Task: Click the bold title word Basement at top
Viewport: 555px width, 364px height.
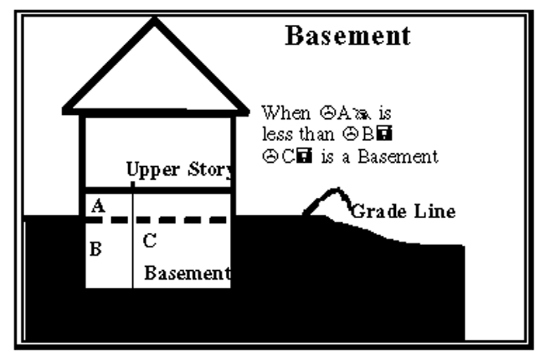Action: point(347,36)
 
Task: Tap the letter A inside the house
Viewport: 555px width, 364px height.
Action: point(97,207)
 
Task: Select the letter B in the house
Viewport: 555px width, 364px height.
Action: point(96,250)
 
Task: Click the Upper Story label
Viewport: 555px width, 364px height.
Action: point(180,170)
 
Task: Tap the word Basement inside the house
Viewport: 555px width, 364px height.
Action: point(187,274)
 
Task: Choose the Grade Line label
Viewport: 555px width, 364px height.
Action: point(403,211)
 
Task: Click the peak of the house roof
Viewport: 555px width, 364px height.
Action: point(155,22)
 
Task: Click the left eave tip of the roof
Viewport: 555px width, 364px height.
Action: point(65,109)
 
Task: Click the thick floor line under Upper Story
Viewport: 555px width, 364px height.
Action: point(159,190)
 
